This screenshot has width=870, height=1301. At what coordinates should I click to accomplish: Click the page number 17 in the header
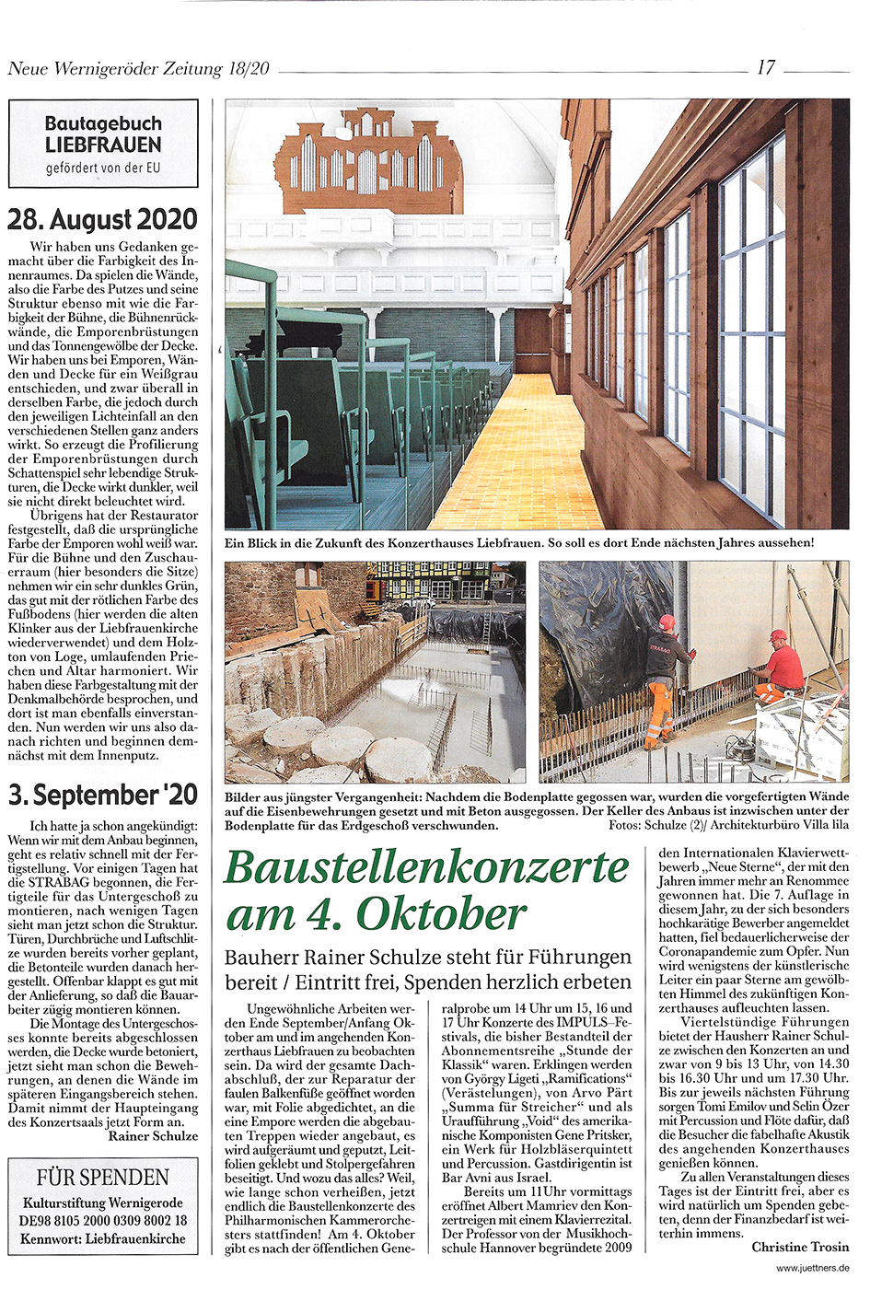[x=765, y=67]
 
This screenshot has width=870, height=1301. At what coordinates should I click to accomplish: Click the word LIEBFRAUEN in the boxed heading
[x=103, y=145]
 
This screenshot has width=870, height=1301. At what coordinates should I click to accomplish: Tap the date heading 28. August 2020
[x=103, y=220]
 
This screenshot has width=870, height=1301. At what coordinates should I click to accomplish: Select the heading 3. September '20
[x=103, y=795]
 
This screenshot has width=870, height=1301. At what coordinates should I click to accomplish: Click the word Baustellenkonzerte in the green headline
[x=427, y=867]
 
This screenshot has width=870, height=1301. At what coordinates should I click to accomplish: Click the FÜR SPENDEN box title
[x=103, y=1177]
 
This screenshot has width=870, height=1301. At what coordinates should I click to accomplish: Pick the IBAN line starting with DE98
[x=103, y=1220]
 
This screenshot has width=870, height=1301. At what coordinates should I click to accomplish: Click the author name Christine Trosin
[x=800, y=1247]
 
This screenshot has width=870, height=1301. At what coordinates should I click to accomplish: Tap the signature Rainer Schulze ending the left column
[x=153, y=1136]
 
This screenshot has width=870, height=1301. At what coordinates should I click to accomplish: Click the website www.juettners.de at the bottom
[x=812, y=1268]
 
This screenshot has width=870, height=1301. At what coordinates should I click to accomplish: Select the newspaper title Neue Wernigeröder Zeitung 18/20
[x=138, y=68]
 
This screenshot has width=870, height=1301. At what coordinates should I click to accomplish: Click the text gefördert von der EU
[x=103, y=168]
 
